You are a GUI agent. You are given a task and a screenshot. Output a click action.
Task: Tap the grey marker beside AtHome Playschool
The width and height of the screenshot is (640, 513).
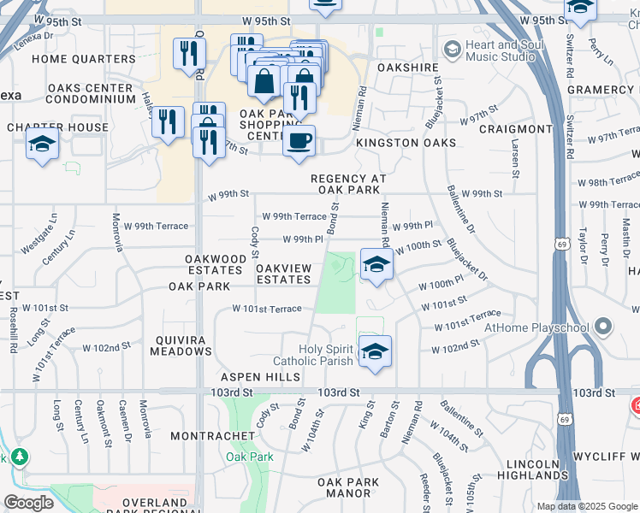605,327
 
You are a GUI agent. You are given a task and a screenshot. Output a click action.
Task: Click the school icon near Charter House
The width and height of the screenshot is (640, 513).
42,145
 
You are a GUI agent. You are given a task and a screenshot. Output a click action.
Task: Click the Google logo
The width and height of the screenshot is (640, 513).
28,502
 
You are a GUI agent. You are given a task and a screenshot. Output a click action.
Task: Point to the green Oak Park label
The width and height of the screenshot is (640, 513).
250,457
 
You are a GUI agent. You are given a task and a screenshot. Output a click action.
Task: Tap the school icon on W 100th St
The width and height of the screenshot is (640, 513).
376,264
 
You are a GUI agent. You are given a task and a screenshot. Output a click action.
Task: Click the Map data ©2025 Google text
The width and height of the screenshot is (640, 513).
587,506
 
